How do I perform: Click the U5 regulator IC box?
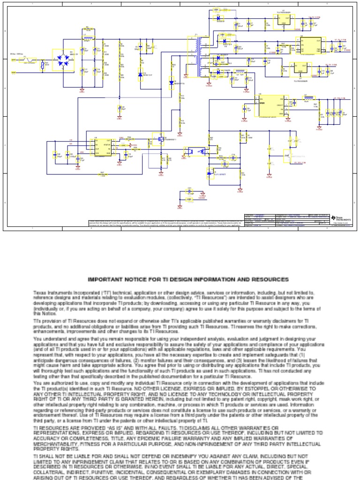(283, 19)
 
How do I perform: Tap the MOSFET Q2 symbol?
(158, 139)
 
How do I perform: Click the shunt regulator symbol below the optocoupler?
(210, 173)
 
